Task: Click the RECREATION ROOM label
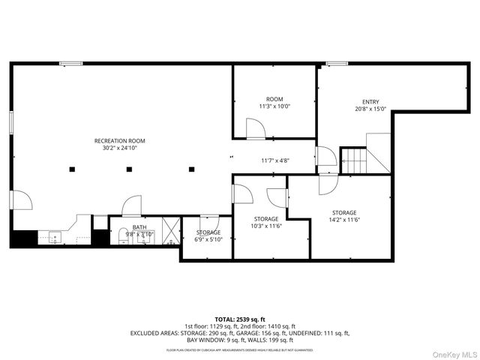pos(119,141)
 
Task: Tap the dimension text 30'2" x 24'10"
pos(119,148)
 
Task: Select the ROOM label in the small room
pos(274,99)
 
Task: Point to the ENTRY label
pos(370,102)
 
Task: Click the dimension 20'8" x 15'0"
pos(370,109)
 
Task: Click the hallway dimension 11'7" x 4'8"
pos(275,160)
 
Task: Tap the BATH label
pos(139,227)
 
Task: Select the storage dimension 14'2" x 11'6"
pos(344,220)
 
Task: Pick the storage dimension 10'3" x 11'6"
pos(266,226)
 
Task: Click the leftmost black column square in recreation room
pos(72,169)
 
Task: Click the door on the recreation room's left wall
pos(19,200)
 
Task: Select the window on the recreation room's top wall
pos(71,64)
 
